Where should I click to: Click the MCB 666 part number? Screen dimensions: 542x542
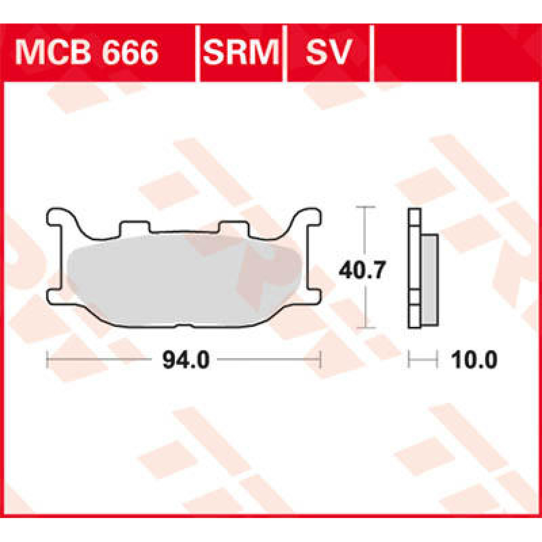pos(87,53)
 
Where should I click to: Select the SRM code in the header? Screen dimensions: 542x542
pos(241,53)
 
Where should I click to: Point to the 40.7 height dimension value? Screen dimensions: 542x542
pos(362,271)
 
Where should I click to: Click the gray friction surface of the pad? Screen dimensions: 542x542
pos(181,280)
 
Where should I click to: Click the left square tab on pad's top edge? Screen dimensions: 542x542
pos(134,227)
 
